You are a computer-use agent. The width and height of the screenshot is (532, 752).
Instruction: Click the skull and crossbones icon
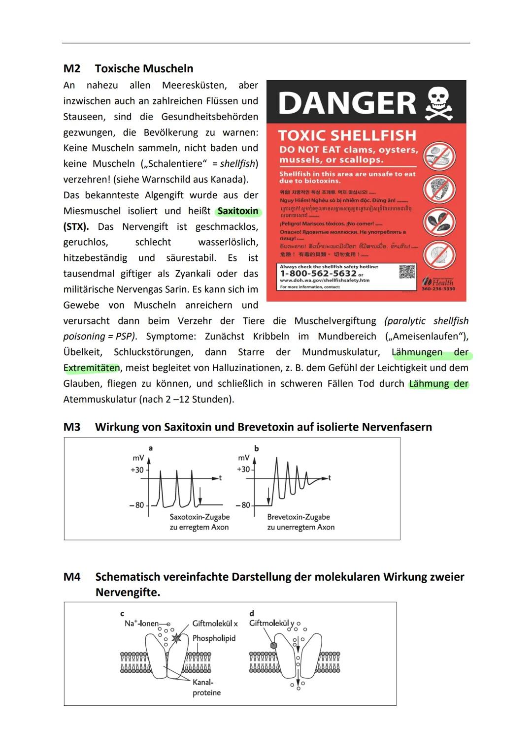coord(439,103)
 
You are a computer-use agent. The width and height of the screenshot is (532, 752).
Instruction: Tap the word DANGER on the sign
coord(347,104)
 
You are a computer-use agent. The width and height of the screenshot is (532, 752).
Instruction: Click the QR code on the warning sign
coord(407,272)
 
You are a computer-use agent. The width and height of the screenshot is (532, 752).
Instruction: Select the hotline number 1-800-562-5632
coord(318,274)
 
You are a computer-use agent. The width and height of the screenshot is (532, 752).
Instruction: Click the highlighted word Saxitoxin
coord(238,211)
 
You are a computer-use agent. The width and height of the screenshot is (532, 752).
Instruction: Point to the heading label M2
coord(72,68)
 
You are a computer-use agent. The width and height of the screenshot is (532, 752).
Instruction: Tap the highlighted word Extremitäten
coord(92,368)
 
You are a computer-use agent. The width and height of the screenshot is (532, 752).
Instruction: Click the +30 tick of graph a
coord(137,470)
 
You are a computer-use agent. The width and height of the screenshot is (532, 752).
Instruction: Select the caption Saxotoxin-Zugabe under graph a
coord(199,517)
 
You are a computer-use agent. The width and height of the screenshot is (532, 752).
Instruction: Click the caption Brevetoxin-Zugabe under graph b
coord(299,517)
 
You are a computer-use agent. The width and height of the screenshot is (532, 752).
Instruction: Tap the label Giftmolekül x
coord(215,624)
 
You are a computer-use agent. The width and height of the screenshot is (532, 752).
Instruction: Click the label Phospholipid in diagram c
coord(214,638)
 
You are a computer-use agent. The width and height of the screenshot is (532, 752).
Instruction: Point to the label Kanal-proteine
coord(206,688)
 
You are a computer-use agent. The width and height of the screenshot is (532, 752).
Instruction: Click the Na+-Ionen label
coord(141,624)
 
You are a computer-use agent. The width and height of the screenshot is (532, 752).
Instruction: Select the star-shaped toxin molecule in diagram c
coord(176,638)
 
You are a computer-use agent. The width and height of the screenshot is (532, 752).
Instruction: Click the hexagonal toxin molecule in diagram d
coord(273,645)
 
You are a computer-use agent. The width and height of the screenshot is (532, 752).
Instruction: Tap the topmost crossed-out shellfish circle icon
coord(439,156)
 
